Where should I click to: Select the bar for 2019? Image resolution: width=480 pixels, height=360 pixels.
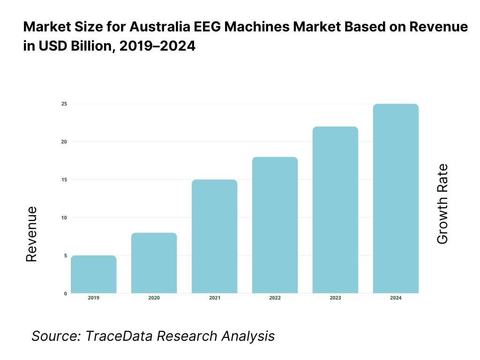pyautogui.click(x=94, y=274)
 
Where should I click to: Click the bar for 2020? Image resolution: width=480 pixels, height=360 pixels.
pyautogui.click(x=154, y=263)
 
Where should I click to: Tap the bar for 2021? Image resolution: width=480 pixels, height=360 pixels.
pyautogui.click(x=214, y=236)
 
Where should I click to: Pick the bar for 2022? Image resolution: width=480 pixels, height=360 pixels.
pyautogui.click(x=275, y=225)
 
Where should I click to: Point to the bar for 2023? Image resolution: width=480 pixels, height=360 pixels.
pyautogui.click(x=335, y=210)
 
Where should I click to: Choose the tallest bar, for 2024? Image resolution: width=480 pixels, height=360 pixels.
pyautogui.click(x=396, y=198)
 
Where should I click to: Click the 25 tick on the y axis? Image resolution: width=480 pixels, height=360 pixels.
pyautogui.click(x=64, y=104)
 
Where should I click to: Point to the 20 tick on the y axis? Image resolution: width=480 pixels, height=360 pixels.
pyautogui.click(x=64, y=142)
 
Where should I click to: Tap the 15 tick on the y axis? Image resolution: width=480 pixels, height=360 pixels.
pyautogui.click(x=64, y=180)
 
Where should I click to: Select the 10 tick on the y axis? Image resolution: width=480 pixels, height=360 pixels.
pyautogui.click(x=64, y=217)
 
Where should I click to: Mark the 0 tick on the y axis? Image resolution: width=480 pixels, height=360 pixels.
pyautogui.click(x=65, y=293)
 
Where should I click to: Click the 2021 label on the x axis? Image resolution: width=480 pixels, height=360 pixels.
pyautogui.click(x=214, y=298)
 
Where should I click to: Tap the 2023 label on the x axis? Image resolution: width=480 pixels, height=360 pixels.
pyautogui.click(x=335, y=298)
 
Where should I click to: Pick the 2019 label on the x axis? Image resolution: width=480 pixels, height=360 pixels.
pyautogui.click(x=94, y=298)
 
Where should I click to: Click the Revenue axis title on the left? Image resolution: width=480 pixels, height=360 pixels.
pyautogui.click(x=31, y=234)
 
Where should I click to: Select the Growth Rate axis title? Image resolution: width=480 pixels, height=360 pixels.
pyautogui.click(x=442, y=204)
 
